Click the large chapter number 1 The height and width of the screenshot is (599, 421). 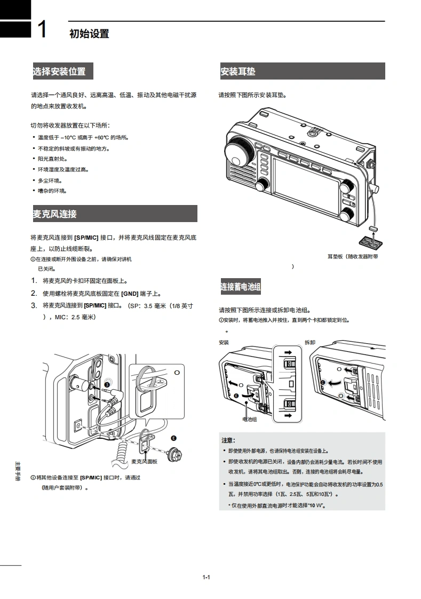[x=43, y=30]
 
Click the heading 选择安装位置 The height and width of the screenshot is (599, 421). [x=59, y=71]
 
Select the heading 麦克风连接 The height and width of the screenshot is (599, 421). [x=55, y=214]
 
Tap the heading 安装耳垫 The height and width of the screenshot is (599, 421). [x=238, y=71]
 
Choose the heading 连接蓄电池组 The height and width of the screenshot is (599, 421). [x=241, y=287]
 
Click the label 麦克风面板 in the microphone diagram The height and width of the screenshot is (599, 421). [x=144, y=461]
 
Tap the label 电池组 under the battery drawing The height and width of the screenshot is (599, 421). [x=249, y=419]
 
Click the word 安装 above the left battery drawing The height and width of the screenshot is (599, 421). [x=224, y=342]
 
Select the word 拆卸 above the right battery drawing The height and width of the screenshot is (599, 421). [x=309, y=342]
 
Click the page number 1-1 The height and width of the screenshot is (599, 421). [x=206, y=577]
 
